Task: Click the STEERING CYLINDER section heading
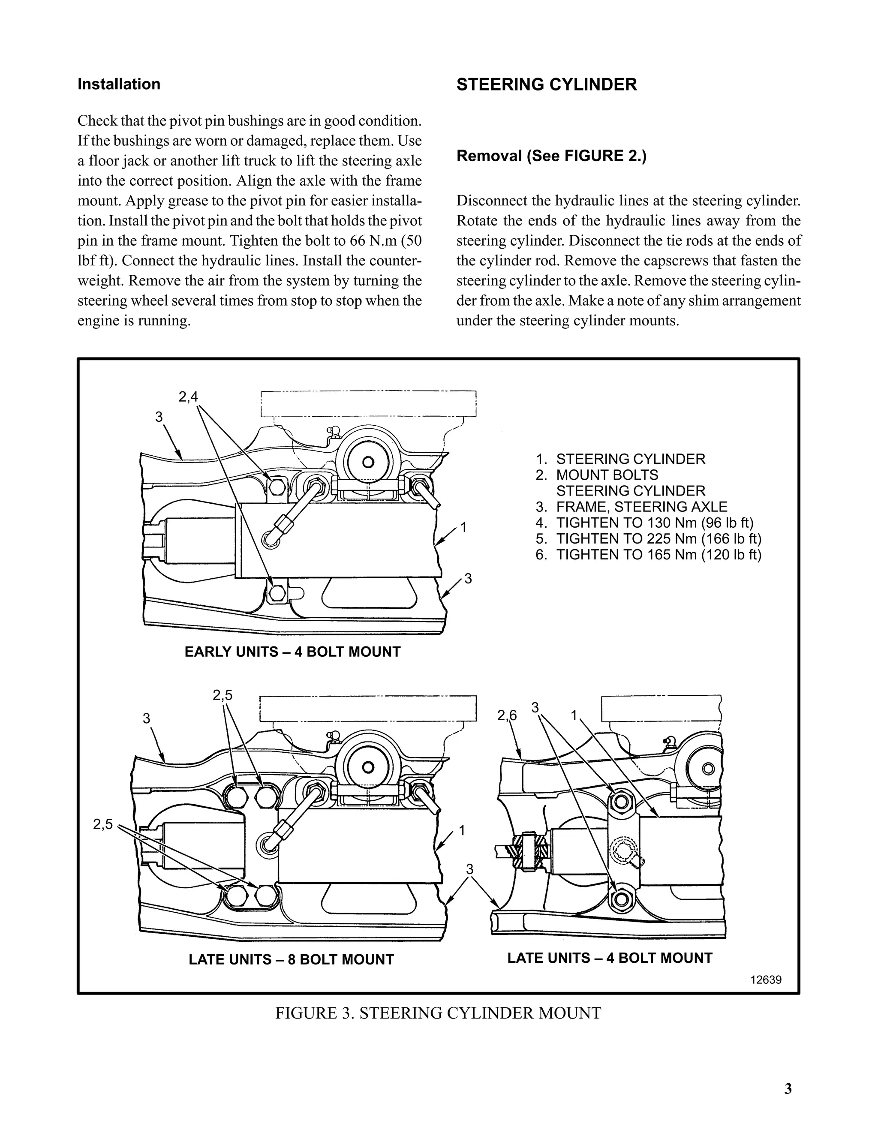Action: point(546,84)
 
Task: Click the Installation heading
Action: point(119,84)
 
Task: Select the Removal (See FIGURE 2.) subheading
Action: point(551,156)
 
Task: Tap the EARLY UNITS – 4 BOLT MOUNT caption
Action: point(292,652)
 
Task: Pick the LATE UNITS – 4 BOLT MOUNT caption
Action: point(609,958)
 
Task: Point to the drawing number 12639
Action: point(766,980)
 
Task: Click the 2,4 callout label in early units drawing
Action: point(188,397)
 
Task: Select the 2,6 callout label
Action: point(507,716)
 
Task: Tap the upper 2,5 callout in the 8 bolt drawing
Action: point(223,695)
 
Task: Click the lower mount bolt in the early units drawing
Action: point(277,592)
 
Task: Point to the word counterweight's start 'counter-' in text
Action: point(397,261)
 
